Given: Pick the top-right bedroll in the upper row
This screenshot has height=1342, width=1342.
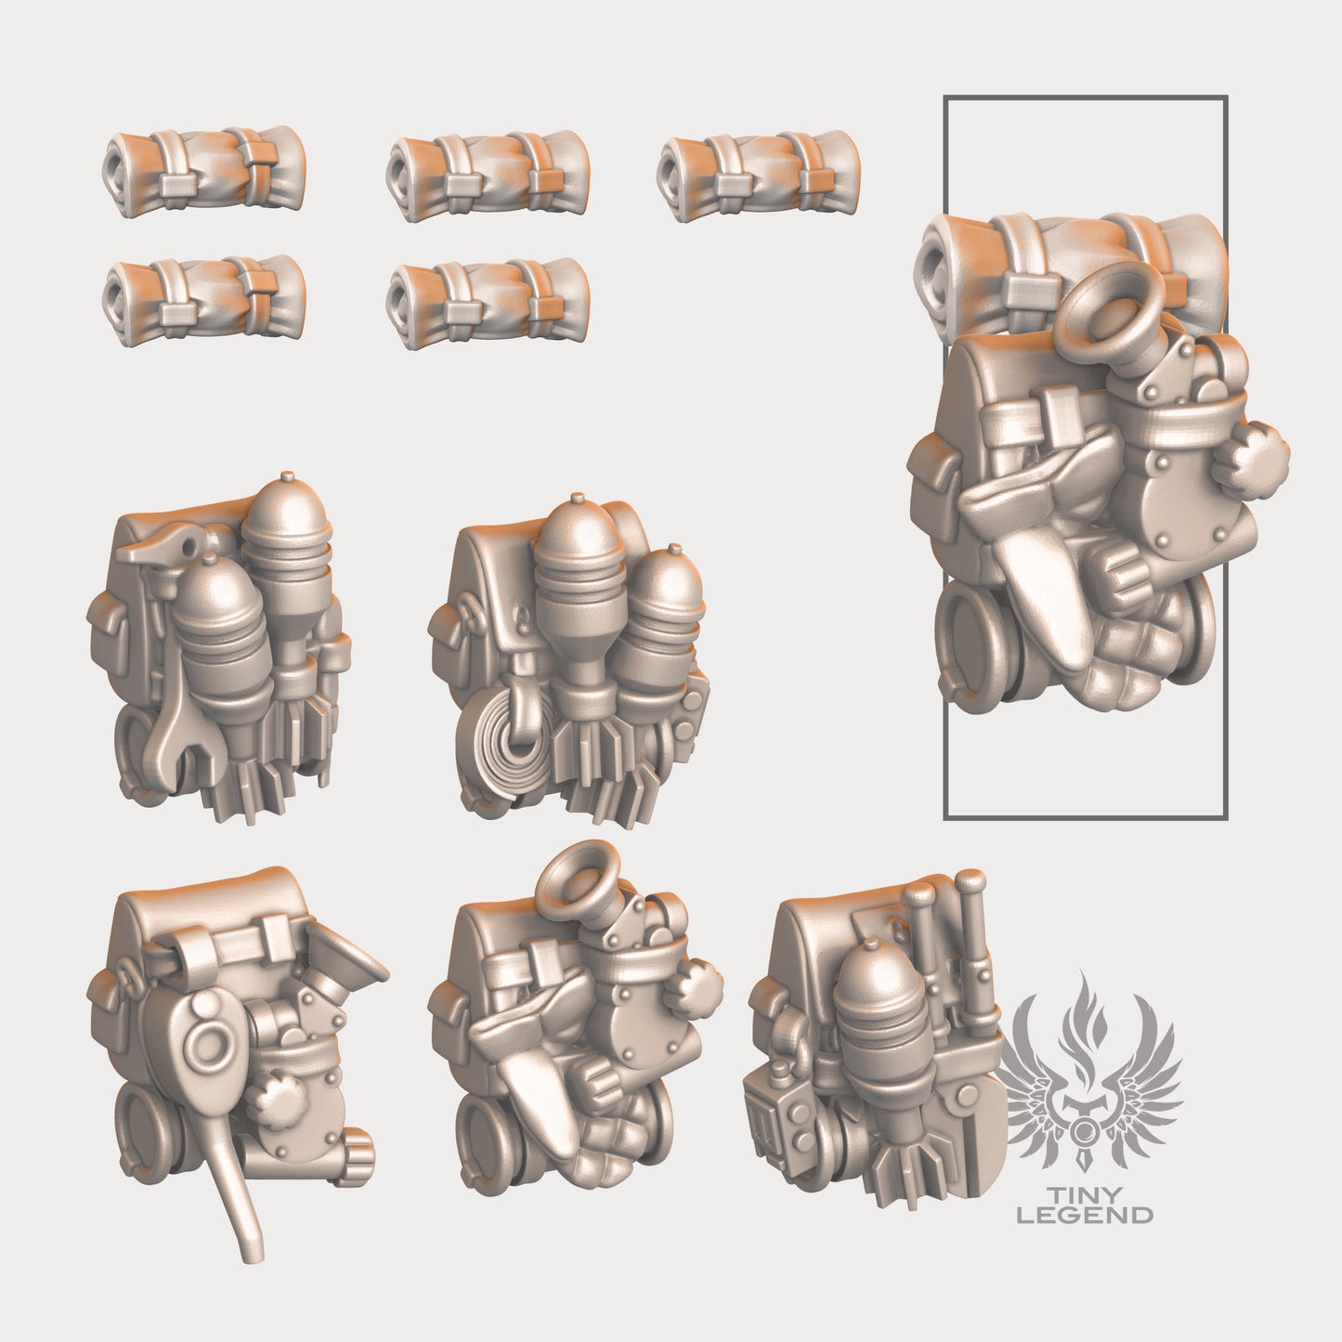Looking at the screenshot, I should (x=757, y=165).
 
